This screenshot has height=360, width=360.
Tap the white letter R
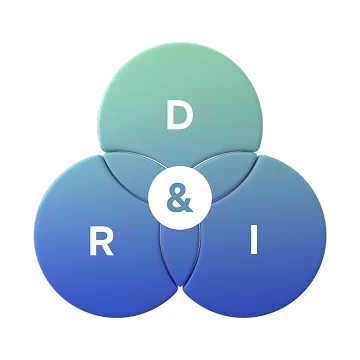[x=101, y=241]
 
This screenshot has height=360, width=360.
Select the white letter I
[x=254, y=240]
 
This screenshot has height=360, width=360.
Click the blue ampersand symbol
[x=180, y=198]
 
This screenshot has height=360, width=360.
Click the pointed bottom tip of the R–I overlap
[x=180, y=286]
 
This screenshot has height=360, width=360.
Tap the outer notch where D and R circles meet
[x=103, y=153]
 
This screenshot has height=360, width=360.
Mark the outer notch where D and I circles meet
[x=258, y=153]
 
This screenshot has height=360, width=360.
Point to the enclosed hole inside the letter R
[x=102, y=235]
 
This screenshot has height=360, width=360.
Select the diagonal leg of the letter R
[x=108, y=249]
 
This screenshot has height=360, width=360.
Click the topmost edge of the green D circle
[x=180, y=43]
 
